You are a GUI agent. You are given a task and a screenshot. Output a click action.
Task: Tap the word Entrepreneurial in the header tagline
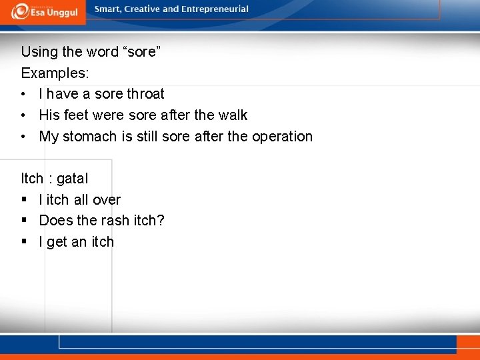(x=213, y=9)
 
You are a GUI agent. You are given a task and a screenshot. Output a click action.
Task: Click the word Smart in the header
(x=109, y=9)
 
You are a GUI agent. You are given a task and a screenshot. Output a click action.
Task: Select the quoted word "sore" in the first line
(x=141, y=51)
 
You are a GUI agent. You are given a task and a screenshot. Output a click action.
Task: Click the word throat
(x=145, y=94)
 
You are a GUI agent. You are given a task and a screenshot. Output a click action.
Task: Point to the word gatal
(x=72, y=179)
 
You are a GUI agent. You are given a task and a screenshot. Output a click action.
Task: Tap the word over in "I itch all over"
(x=107, y=200)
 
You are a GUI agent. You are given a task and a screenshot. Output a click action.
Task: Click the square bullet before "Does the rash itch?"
(x=25, y=221)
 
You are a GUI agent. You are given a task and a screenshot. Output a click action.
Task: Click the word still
(x=154, y=137)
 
